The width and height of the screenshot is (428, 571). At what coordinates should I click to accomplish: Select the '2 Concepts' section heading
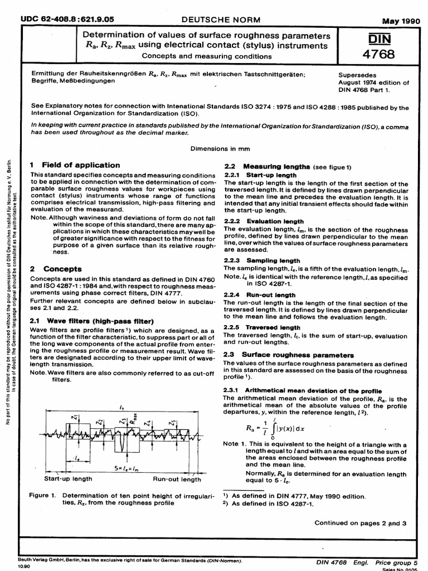coord(55,269)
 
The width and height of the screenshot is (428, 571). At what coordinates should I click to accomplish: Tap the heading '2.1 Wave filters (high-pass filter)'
coord(91,322)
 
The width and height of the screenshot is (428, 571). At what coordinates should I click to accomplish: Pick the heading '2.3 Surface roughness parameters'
coord(288,355)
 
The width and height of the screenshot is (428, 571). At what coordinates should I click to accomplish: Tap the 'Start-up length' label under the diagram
coord(68,479)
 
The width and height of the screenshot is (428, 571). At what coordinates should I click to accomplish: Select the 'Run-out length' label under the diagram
coord(177,479)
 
